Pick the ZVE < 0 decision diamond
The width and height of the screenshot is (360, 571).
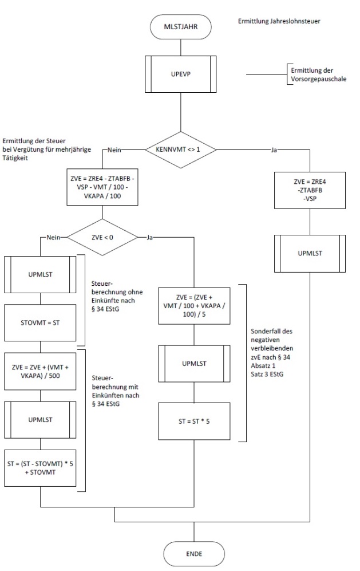[x=102, y=236]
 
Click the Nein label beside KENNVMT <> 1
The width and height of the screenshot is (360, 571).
[x=113, y=151]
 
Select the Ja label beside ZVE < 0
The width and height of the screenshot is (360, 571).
[x=149, y=236]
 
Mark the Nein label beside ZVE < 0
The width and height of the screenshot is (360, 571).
[x=51, y=236]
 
